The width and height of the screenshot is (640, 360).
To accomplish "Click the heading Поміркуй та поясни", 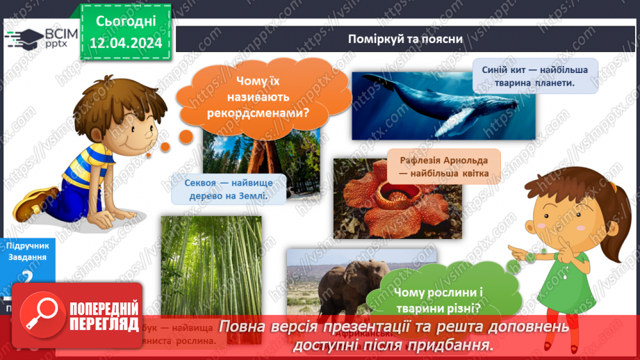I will pos(406,38).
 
